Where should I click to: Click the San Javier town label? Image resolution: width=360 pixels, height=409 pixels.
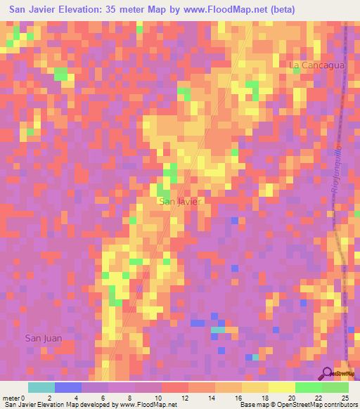coord(181,202)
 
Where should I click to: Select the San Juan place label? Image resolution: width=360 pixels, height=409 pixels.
coord(44,338)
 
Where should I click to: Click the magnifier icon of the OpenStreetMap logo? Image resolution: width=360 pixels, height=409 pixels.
coord(326,372)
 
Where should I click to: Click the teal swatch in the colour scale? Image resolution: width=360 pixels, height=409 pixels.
coord(41,387)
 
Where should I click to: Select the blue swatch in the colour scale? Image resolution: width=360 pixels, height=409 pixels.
coord(67,387)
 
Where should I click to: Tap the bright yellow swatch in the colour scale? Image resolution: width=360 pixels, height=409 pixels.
coord(281,387)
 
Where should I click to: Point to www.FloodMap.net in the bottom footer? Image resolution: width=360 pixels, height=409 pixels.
coord(148,405)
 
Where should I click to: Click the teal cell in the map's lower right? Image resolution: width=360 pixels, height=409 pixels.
coord(219,329)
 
